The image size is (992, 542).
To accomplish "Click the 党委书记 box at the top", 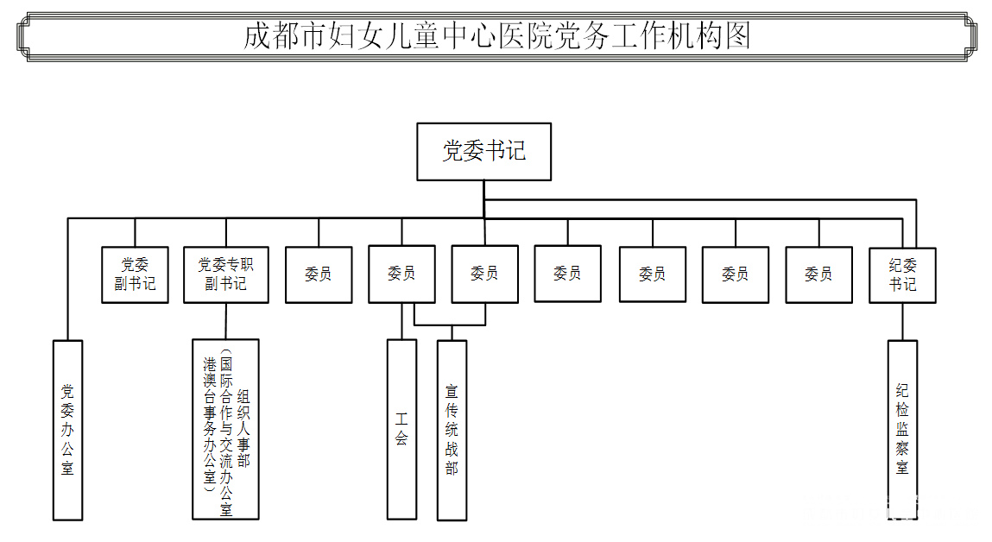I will (483, 151).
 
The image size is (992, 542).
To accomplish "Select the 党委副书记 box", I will (135, 274).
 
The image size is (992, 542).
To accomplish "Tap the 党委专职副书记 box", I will (226, 274).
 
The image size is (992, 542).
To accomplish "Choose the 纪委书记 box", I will (903, 274).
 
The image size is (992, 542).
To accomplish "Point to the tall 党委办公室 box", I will (67, 429).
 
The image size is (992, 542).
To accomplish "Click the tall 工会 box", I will (401, 429).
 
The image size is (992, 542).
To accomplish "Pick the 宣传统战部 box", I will (452, 430).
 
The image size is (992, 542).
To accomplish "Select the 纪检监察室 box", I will (902, 429).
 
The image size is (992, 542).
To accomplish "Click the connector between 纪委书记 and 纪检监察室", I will (903, 321).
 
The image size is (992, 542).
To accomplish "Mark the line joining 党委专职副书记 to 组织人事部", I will (226, 320).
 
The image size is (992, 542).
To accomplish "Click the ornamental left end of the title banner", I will (26, 36).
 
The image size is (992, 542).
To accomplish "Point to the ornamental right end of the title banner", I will (967, 36).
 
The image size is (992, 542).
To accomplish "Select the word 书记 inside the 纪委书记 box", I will (903, 284).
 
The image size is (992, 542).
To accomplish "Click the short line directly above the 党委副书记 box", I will (135, 232).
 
